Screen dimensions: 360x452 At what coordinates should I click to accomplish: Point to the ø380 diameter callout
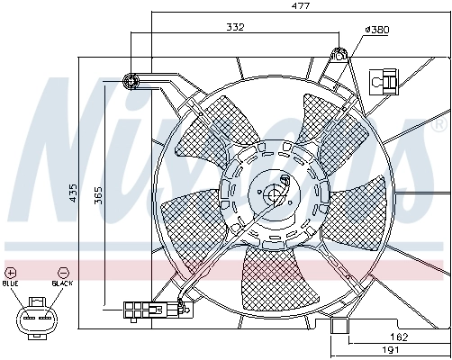tap(375, 30)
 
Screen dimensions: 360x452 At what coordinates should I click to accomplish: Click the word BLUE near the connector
tap(11, 283)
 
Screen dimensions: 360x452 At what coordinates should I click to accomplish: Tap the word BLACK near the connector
tap(62, 283)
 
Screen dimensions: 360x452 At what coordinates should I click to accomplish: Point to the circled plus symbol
tap(11, 271)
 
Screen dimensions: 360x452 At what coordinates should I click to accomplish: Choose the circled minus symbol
tap(62, 271)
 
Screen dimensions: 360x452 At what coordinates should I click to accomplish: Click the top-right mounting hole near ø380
tap(340, 53)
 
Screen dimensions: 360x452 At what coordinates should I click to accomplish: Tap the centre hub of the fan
tap(274, 193)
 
